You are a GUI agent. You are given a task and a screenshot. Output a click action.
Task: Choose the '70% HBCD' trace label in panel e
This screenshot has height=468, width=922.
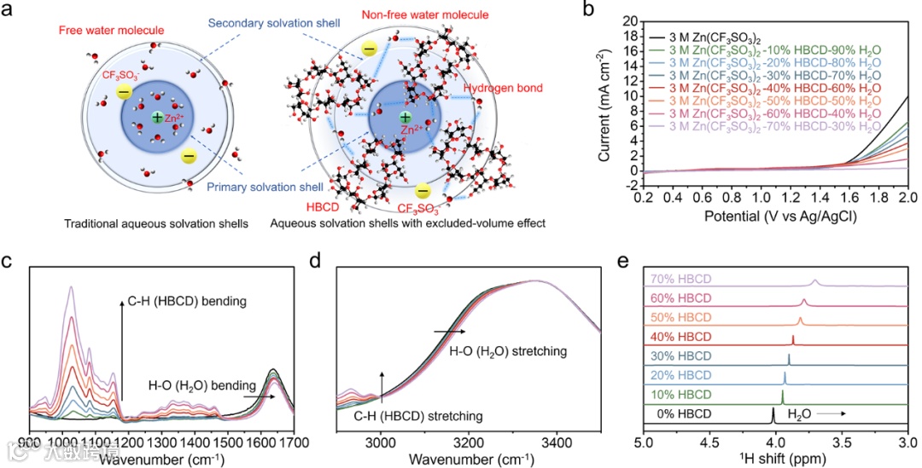680,279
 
